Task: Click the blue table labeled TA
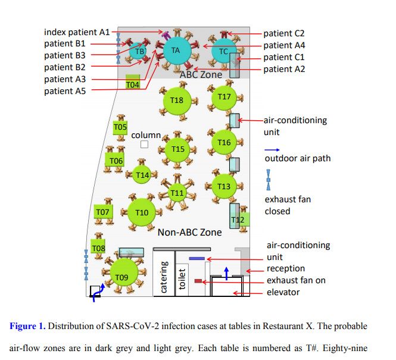click(176, 51)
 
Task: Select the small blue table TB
click(140, 52)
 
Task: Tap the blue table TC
click(223, 52)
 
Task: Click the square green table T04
click(133, 83)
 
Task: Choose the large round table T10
click(142, 212)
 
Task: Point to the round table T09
click(122, 276)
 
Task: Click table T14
click(142, 175)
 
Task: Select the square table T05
click(120, 127)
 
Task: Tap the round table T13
click(224, 186)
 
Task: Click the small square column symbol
click(144, 145)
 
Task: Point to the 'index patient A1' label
click(77, 32)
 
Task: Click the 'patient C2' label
click(284, 33)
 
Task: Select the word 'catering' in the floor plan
click(164, 277)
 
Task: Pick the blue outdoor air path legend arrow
click(272, 149)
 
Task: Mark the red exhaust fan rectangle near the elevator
click(198, 280)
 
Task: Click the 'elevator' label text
click(283, 292)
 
